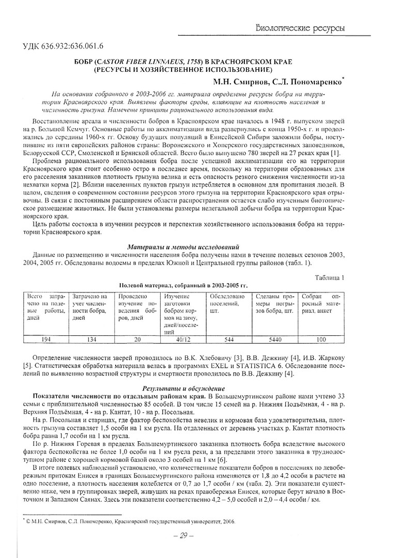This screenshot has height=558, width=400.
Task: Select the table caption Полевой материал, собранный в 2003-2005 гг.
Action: (x=183, y=285)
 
